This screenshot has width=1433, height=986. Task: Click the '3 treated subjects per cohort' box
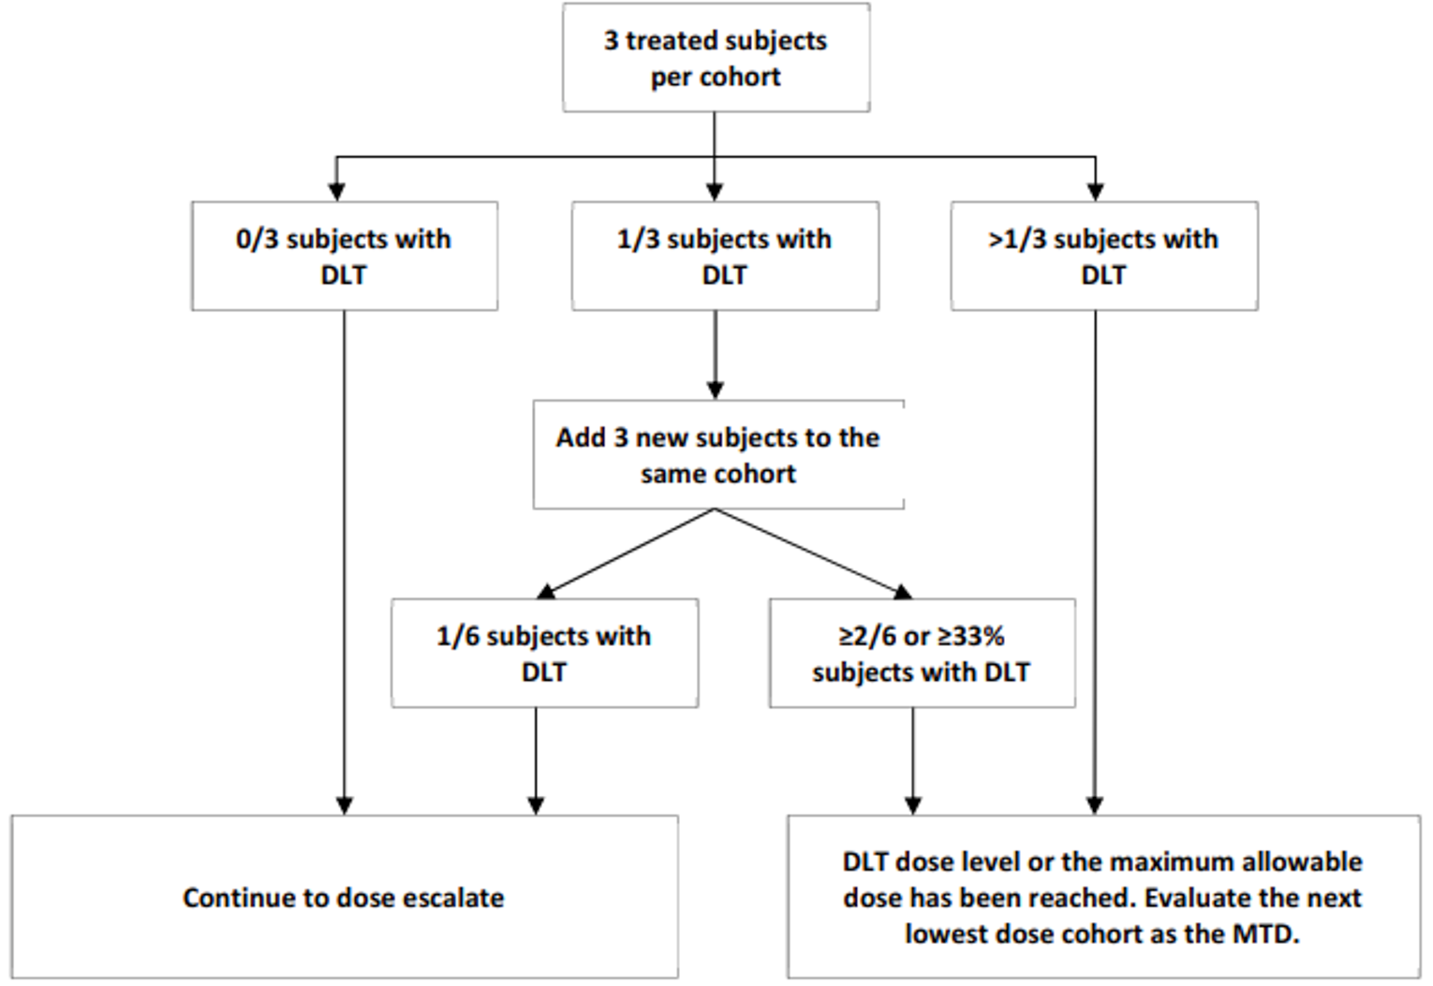716,58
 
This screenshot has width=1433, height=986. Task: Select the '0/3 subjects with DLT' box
344,256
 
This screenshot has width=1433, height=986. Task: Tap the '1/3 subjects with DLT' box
724,256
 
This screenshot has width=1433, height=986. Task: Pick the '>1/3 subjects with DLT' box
1103,256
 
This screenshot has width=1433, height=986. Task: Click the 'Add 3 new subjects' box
717,455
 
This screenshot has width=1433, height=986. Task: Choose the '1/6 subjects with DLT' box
543,653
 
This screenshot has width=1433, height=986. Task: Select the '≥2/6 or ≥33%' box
921,653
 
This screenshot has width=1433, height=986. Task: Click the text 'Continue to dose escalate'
343,897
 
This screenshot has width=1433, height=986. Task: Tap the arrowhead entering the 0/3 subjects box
336,192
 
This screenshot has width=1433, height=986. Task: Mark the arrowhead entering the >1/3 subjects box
1095,192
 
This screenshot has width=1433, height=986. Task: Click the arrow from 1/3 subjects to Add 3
716,356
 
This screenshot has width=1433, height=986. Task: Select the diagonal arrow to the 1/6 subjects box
628,552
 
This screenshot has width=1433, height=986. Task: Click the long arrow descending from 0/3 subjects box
344,562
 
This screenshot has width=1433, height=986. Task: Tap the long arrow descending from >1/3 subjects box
1095,562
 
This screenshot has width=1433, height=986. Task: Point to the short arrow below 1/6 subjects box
536,758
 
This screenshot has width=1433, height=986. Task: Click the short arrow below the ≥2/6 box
913,758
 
